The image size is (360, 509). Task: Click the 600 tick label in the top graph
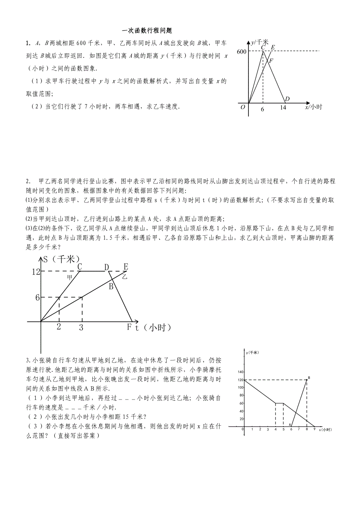(241, 51)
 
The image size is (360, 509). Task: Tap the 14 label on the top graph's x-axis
(283, 108)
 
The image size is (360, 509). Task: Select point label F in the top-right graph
(271, 61)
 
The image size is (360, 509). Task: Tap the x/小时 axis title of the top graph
(313, 107)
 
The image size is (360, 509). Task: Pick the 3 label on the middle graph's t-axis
(81, 328)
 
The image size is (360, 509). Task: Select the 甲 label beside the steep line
(70, 277)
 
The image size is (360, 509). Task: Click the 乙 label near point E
(125, 276)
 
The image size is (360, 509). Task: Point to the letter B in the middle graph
(111, 287)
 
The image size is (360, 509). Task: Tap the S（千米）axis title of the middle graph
(61, 259)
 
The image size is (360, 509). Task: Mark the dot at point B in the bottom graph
(307, 380)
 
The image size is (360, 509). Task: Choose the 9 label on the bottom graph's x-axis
(314, 429)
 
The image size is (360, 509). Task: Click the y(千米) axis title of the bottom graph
(252, 353)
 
